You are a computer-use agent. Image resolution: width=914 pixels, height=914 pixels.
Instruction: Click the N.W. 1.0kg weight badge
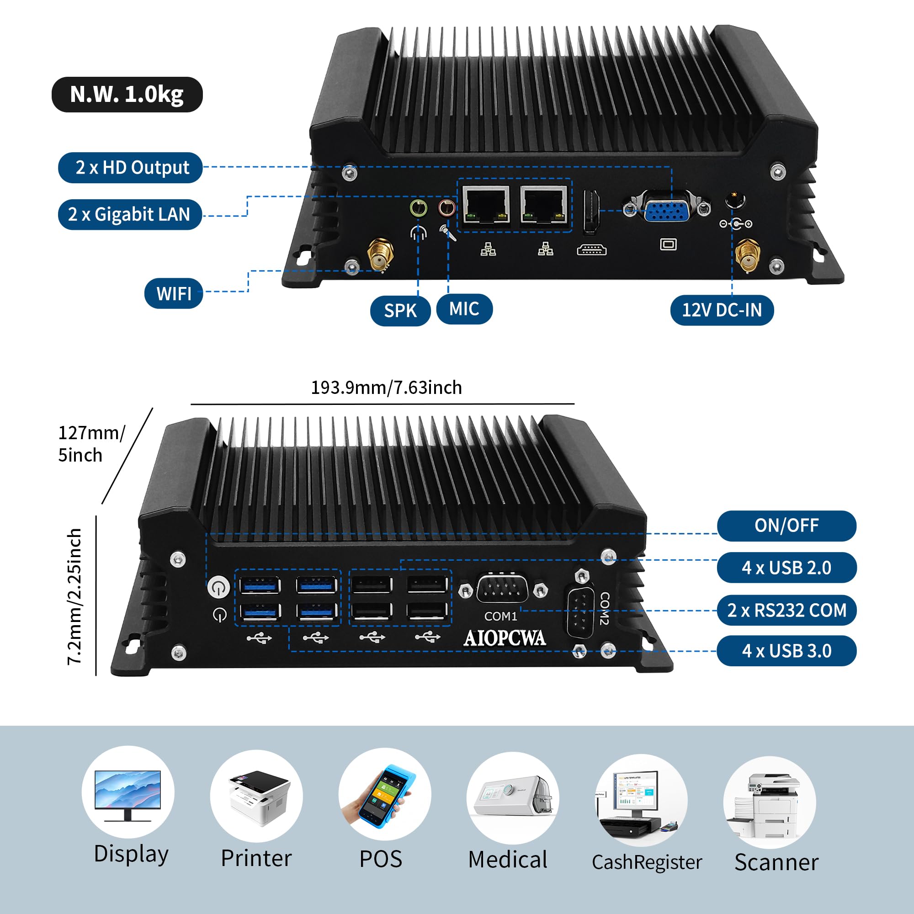click(127, 95)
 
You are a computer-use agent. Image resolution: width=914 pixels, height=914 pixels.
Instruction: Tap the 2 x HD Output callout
click(131, 167)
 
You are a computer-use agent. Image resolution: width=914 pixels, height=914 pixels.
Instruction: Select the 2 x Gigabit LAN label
click(130, 214)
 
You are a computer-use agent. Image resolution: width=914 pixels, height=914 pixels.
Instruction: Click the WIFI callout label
click(174, 293)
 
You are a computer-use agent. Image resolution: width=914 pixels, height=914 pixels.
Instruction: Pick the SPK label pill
click(400, 311)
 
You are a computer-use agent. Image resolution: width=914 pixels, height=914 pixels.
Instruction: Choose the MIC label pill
click(464, 309)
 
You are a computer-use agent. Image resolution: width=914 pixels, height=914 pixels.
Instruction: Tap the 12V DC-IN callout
click(722, 310)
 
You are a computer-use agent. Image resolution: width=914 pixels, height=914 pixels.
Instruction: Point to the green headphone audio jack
click(418, 207)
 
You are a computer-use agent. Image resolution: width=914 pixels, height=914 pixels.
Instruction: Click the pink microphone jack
click(447, 207)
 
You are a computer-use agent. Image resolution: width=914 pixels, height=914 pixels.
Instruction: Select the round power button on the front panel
click(218, 588)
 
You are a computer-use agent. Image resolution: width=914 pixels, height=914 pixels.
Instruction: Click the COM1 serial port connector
click(502, 589)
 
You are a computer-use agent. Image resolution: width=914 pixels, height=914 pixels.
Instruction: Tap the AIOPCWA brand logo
click(505, 638)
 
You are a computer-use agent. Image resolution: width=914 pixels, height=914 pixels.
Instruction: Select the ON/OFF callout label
click(786, 526)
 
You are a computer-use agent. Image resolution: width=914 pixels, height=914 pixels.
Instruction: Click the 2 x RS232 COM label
click(786, 610)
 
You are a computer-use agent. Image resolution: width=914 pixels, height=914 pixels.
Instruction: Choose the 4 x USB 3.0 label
click(786, 651)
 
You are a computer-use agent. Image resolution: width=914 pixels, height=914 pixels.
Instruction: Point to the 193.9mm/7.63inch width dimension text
click(386, 388)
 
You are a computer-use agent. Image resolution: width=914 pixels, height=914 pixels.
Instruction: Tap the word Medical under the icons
click(508, 860)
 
